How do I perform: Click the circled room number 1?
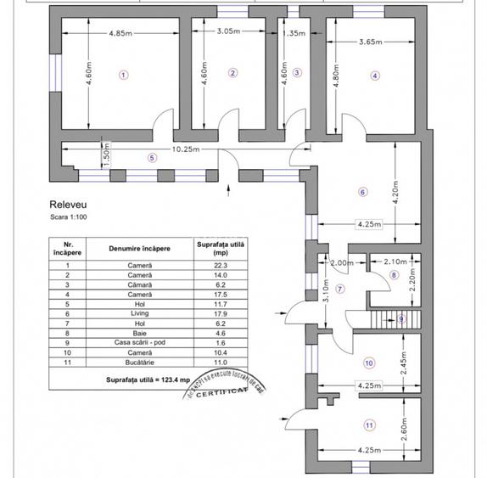coord(123,74)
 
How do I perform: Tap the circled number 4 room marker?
coord(374,75)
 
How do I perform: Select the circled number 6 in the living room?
coord(362,192)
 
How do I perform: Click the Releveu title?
coord(69,205)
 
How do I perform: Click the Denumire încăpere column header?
coord(139,249)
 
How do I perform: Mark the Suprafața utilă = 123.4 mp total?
coord(150,379)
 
